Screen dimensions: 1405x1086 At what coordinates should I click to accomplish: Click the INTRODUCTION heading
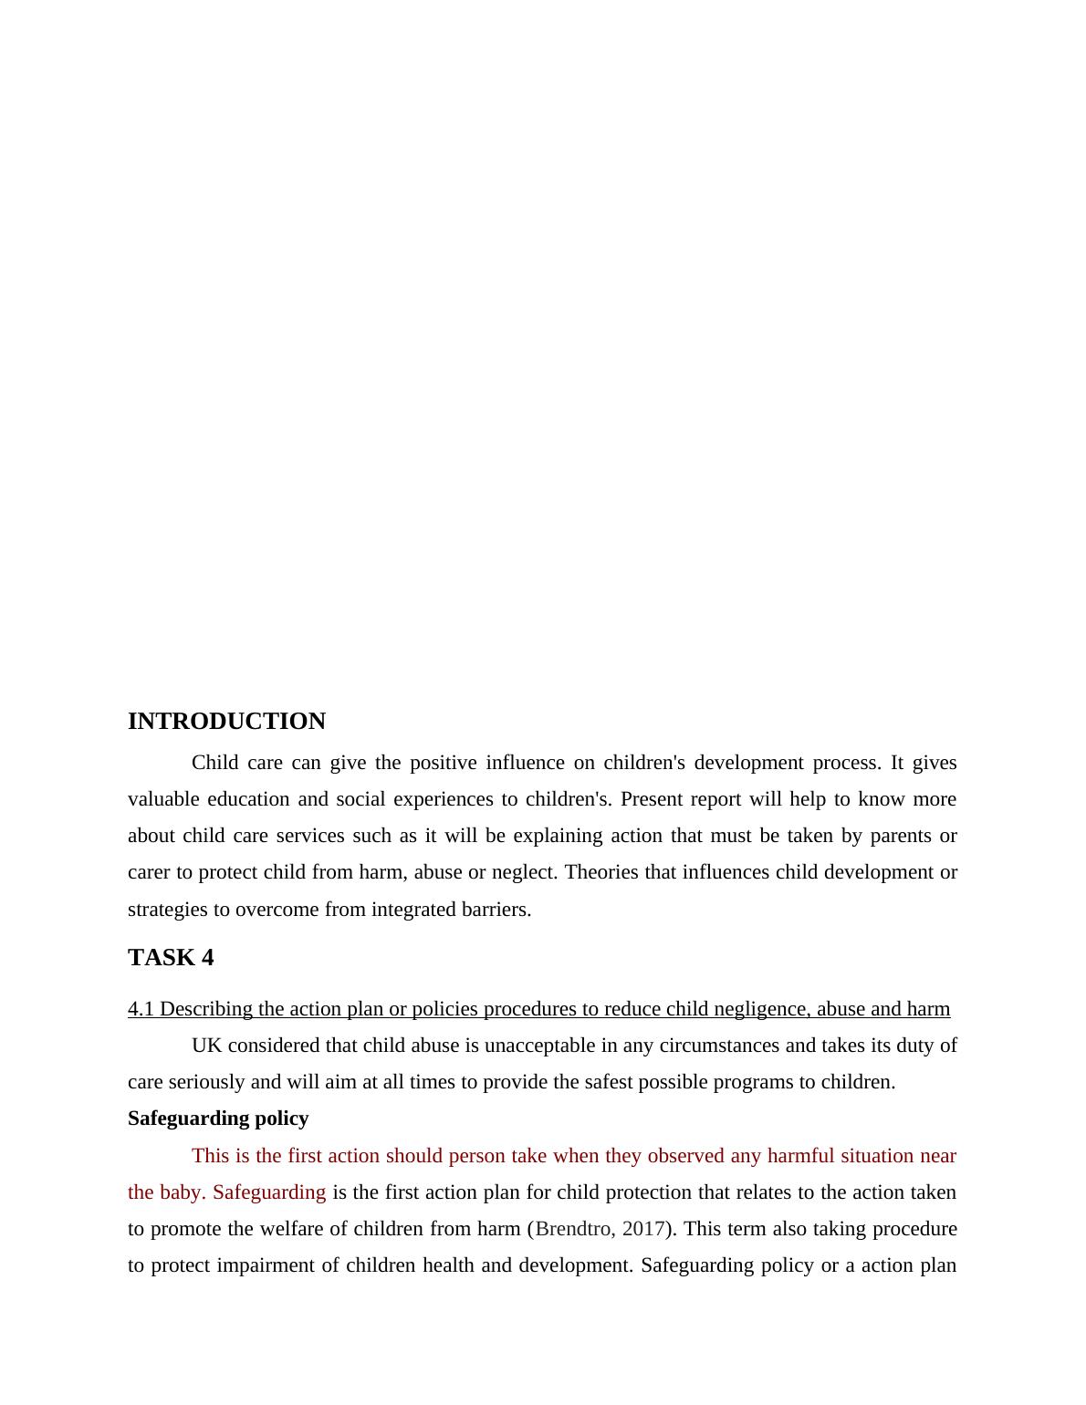point(226,722)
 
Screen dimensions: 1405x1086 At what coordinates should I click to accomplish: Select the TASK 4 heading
point(171,957)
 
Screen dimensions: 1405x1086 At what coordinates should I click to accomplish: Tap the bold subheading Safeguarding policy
point(218,1119)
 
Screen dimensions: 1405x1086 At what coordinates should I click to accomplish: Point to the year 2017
point(643,1229)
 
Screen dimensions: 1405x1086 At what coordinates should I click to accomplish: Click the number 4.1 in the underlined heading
point(141,1009)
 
